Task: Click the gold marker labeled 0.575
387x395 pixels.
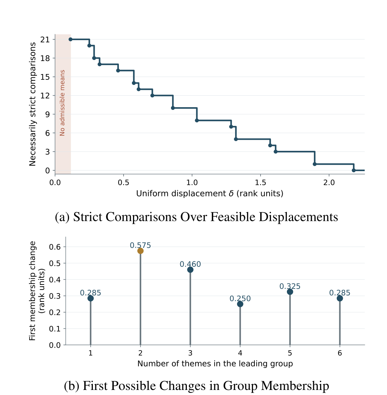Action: (141, 251)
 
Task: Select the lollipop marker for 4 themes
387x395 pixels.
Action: (240, 304)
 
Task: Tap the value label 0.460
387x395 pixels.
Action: (190, 264)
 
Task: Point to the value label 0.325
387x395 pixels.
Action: (290, 286)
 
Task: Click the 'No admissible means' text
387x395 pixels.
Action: (62, 103)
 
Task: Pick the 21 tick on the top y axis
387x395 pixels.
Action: (45, 40)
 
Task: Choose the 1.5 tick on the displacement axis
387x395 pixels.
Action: (261, 182)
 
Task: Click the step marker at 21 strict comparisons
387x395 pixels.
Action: (70, 39)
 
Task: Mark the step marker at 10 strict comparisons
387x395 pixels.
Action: (173, 108)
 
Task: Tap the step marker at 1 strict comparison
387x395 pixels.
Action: (315, 164)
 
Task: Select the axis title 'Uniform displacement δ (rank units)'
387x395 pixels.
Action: (210, 194)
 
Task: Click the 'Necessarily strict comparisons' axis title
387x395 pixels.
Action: (33, 104)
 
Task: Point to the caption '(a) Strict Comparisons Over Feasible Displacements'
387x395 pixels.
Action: (197, 217)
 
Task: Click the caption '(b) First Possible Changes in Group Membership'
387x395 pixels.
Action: (197, 386)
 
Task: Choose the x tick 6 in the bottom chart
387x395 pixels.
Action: (340, 353)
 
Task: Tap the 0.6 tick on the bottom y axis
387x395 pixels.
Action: (55, 247)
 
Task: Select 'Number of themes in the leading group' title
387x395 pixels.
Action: (215, 364)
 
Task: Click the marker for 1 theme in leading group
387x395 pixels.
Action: (90, 298)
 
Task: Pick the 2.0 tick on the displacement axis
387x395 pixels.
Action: (329, 182)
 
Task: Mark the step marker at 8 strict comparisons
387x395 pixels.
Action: (197, 121)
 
